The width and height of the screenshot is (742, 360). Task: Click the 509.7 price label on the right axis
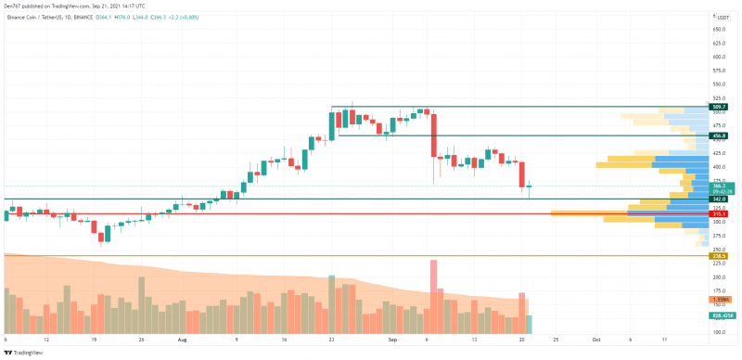pyautogui.click(x=718, y=108)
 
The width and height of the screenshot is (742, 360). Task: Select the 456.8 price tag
pyautogui.click(x=718, y=136)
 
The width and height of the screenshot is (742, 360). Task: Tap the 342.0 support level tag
pyautogui.click(x=718, y=199)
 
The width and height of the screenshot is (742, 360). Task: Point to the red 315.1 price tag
pyautogui.click(x=718, y=213)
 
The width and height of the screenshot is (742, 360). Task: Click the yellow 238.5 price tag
pyautogui.click(x=718, y=256)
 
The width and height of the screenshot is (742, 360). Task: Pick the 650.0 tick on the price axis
pyautogui.click(x=719, y=30)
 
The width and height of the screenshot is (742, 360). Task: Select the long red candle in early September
pyautogui.click(x=433, y=135)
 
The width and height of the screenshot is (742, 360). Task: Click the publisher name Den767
pyautogui.click(x=16, y=4)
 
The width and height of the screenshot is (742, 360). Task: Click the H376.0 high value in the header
pyautogui.click(x=121, y=17)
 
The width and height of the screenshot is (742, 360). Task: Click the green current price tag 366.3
pyautogui.click(x=719, y=186)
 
